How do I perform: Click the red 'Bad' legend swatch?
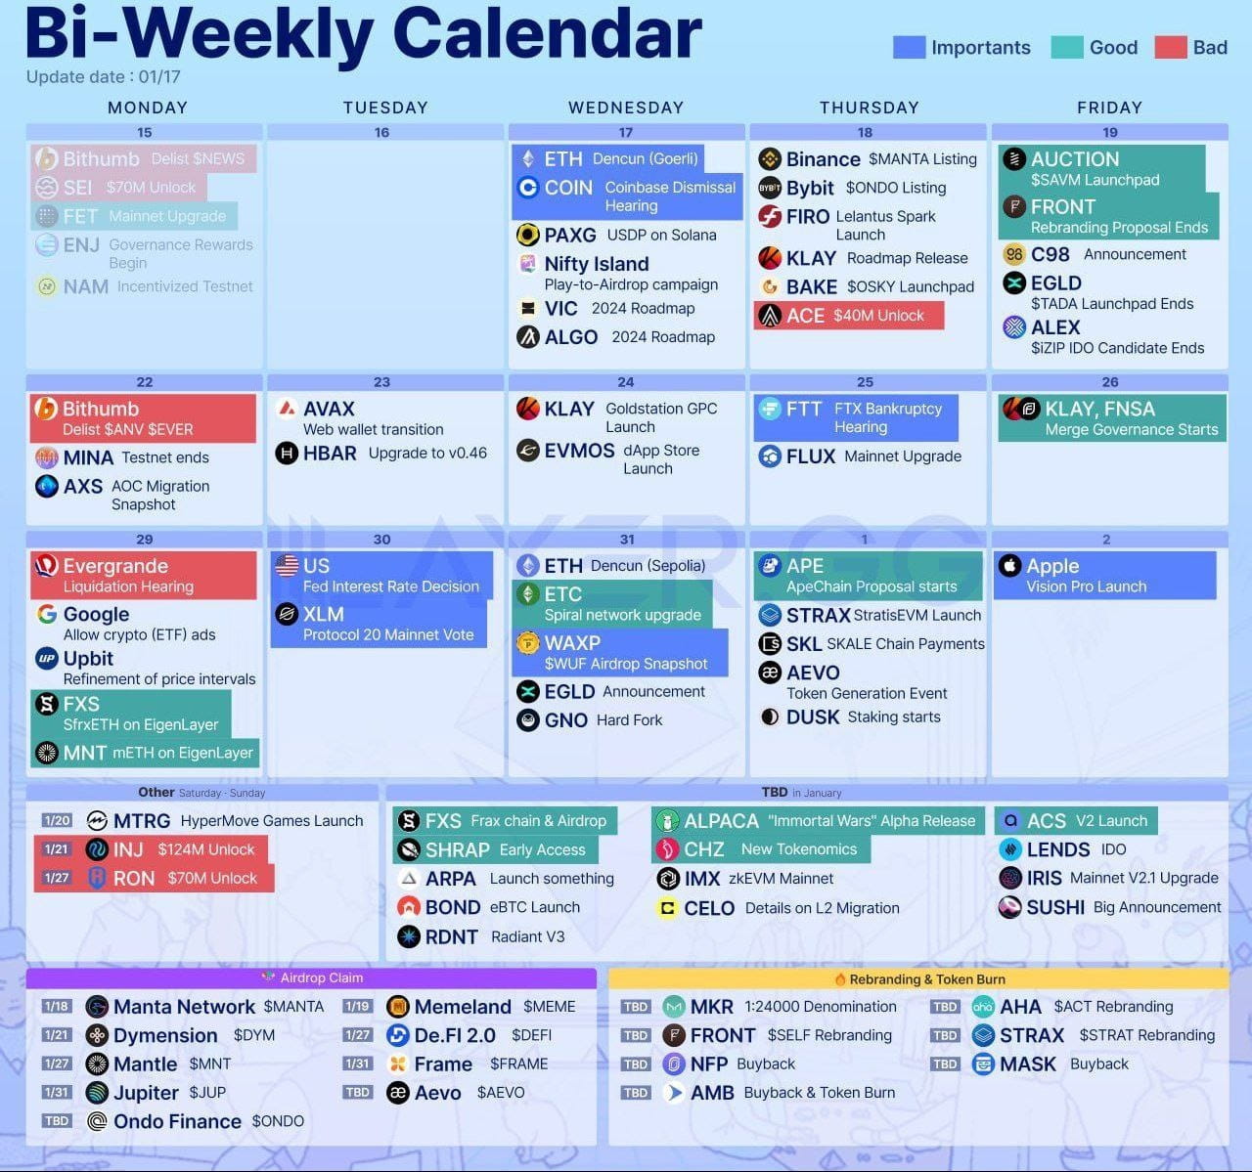[1171, 47]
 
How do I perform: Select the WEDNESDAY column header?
[625, 108]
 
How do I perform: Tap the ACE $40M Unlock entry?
[849, 316]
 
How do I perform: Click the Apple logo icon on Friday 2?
[1009, 566]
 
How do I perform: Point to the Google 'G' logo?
[46, 614]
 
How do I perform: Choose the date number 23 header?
[381, 382]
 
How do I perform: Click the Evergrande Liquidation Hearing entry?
[143, 575]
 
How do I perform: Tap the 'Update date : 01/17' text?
[104, 77]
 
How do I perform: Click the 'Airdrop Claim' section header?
[311, 977]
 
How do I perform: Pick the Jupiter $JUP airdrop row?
[156, 1092]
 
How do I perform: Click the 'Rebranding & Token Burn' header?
[918, 978]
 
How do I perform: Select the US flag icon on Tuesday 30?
[287, 565]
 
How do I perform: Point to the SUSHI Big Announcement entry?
[1110, 907]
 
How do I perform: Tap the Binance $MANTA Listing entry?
[868, 158]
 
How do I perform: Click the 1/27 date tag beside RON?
[57, 878]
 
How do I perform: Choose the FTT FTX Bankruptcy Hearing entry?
[855, 417]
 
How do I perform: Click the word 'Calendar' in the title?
[548, 34]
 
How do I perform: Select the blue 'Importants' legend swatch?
[909, 47]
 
